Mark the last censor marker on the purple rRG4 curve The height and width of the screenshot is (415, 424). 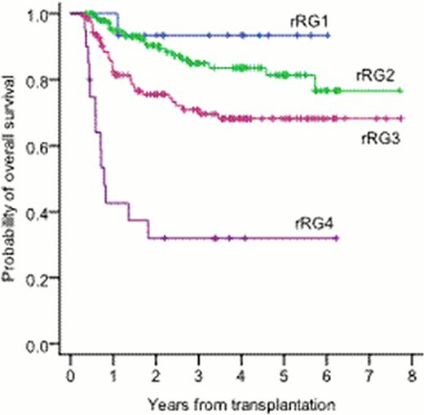336,238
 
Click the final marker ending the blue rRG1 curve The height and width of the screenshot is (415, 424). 328,36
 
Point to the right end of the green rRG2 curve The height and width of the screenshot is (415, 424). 400,91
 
